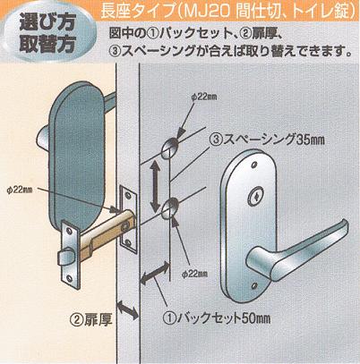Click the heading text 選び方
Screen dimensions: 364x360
pyautogui.click(x=47, y=21)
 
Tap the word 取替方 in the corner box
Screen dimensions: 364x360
pyautogui.click(x=47, y=44)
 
